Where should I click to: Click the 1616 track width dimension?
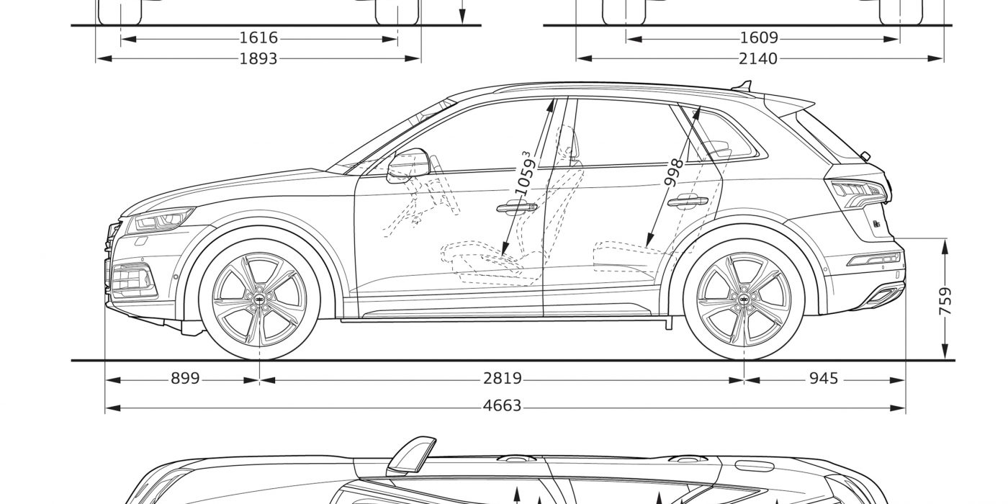[258, 37]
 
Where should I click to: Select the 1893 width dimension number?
[258, 59]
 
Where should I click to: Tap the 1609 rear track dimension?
[759, 37]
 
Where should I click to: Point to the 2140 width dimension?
[758, 59]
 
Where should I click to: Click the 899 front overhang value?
[185, 379]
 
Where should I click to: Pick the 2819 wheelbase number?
[503, 379]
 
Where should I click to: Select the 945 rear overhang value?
[824, 379]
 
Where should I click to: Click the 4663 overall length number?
[503, 406]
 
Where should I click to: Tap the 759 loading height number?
[946, 302]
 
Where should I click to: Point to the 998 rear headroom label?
[674, 172]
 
